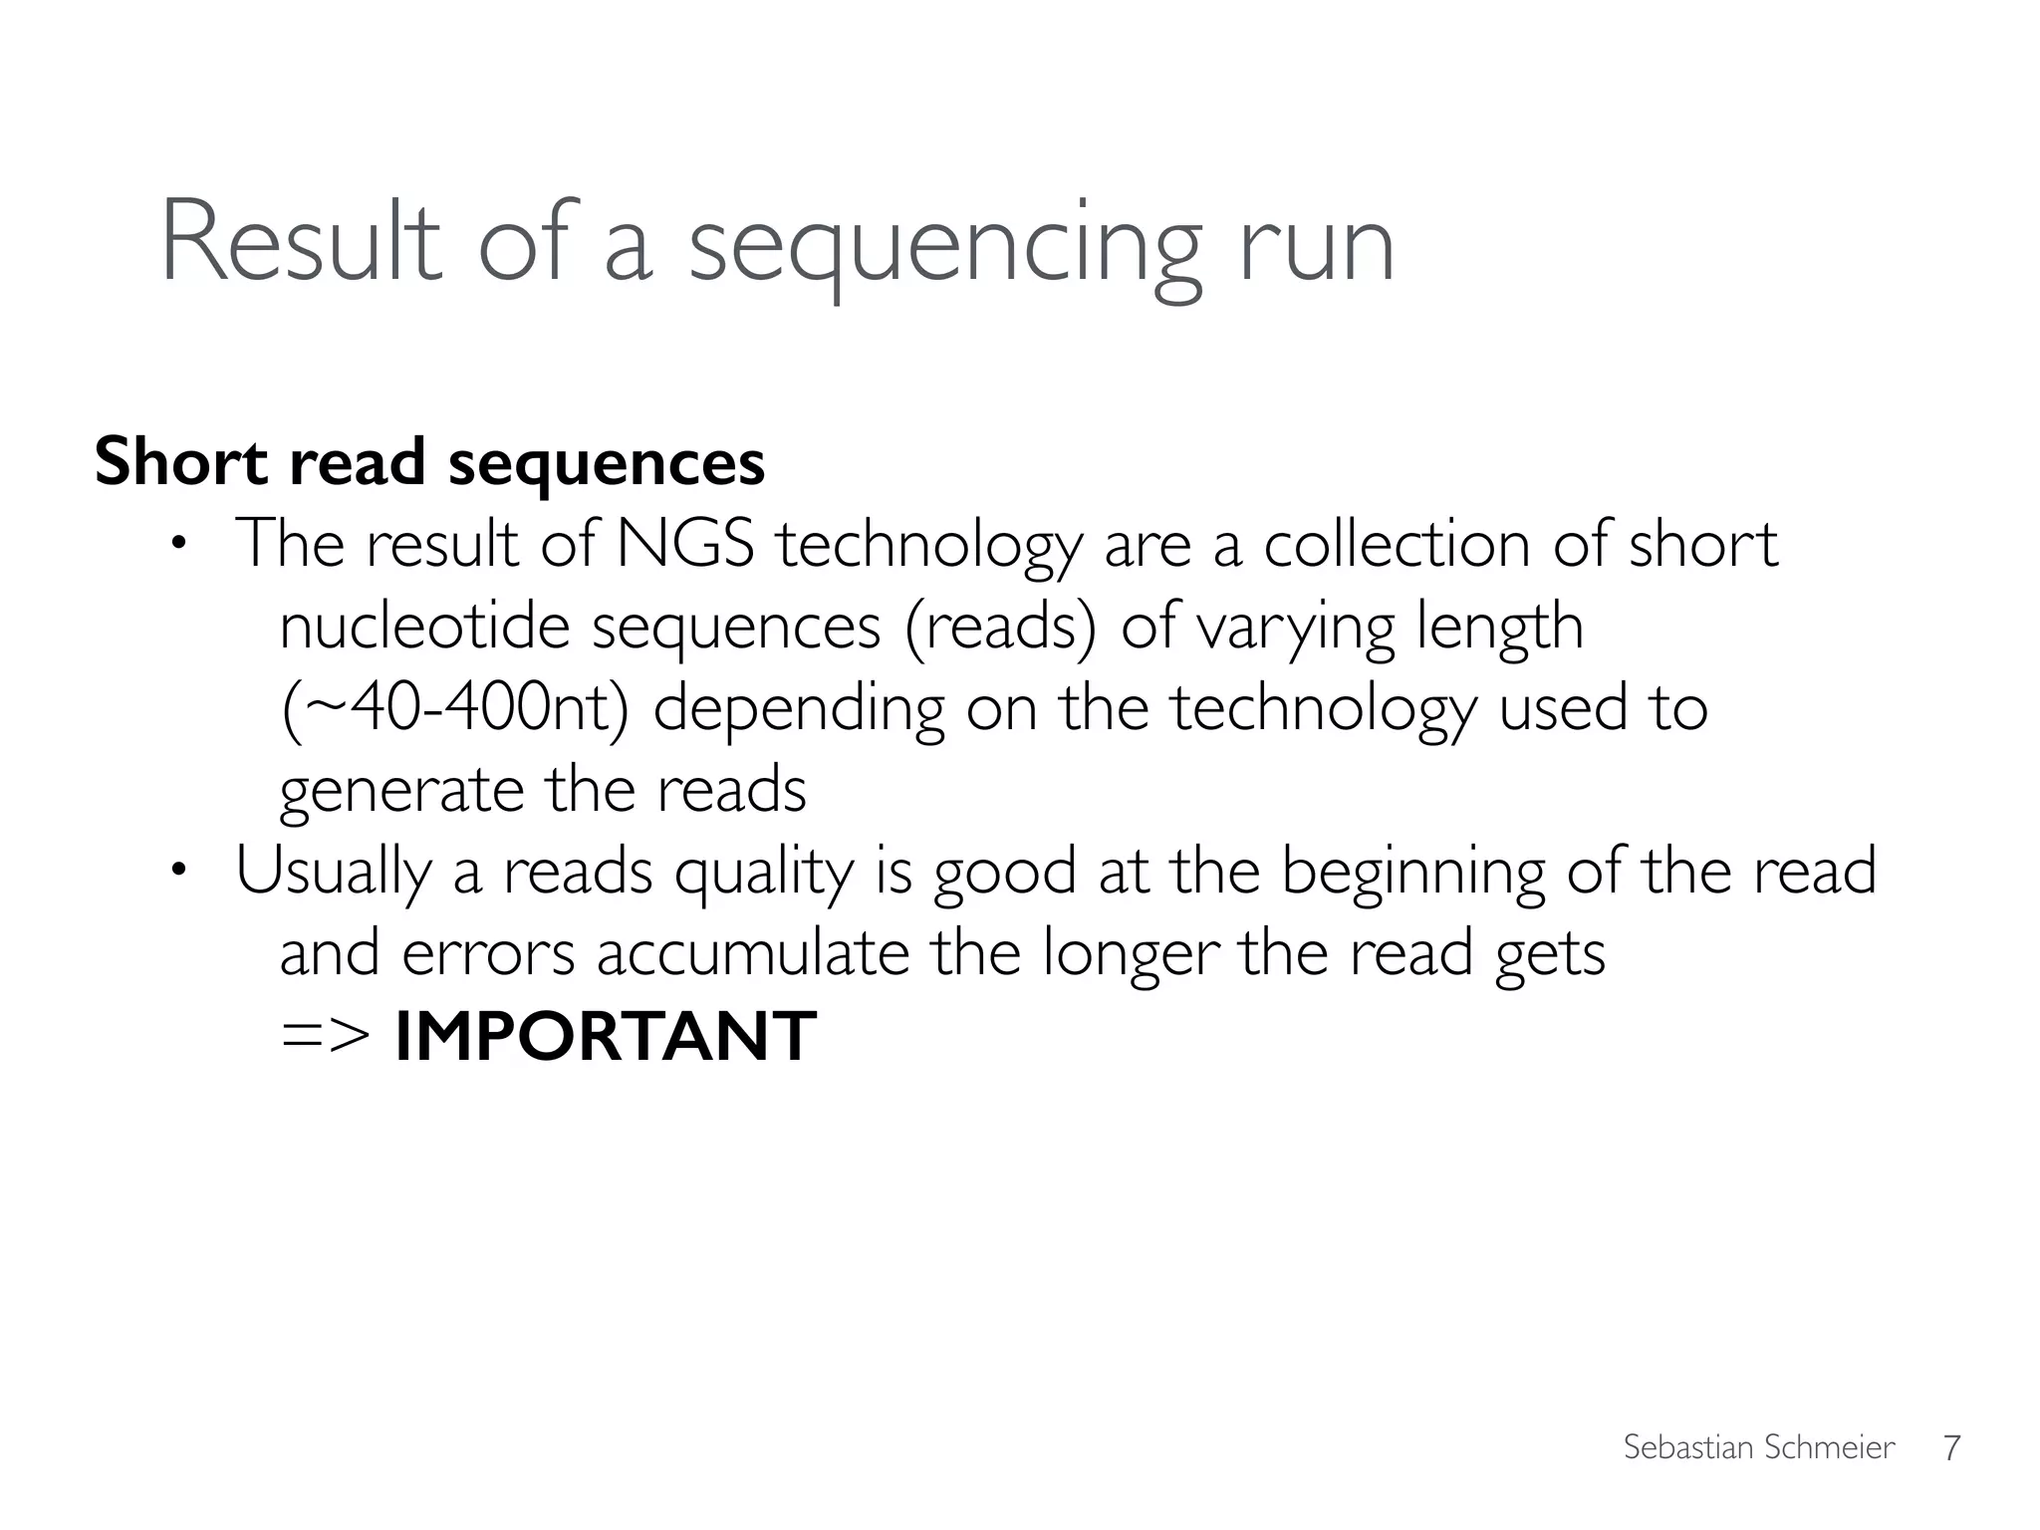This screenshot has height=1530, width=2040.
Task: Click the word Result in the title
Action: pyautogui.click(x=300, y=243)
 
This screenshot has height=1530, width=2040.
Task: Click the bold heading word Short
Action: pyautogui.click(x=181, y=462)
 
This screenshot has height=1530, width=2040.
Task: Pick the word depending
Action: pyautogui.click(x=798, y=710)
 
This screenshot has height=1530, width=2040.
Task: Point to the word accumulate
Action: pyautogui.click(x=753, y=953)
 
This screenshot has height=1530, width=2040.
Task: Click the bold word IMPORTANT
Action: pyautogui.click(x=605, y=1037)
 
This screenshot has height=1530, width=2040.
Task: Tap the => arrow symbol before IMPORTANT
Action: pyautogui.click(x=325, y=1037)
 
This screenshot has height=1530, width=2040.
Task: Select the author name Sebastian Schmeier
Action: pyautogui.click(x=1758, y=1447)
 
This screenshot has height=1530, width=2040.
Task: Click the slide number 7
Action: pyautogui.click(x=1951, y=1447)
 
